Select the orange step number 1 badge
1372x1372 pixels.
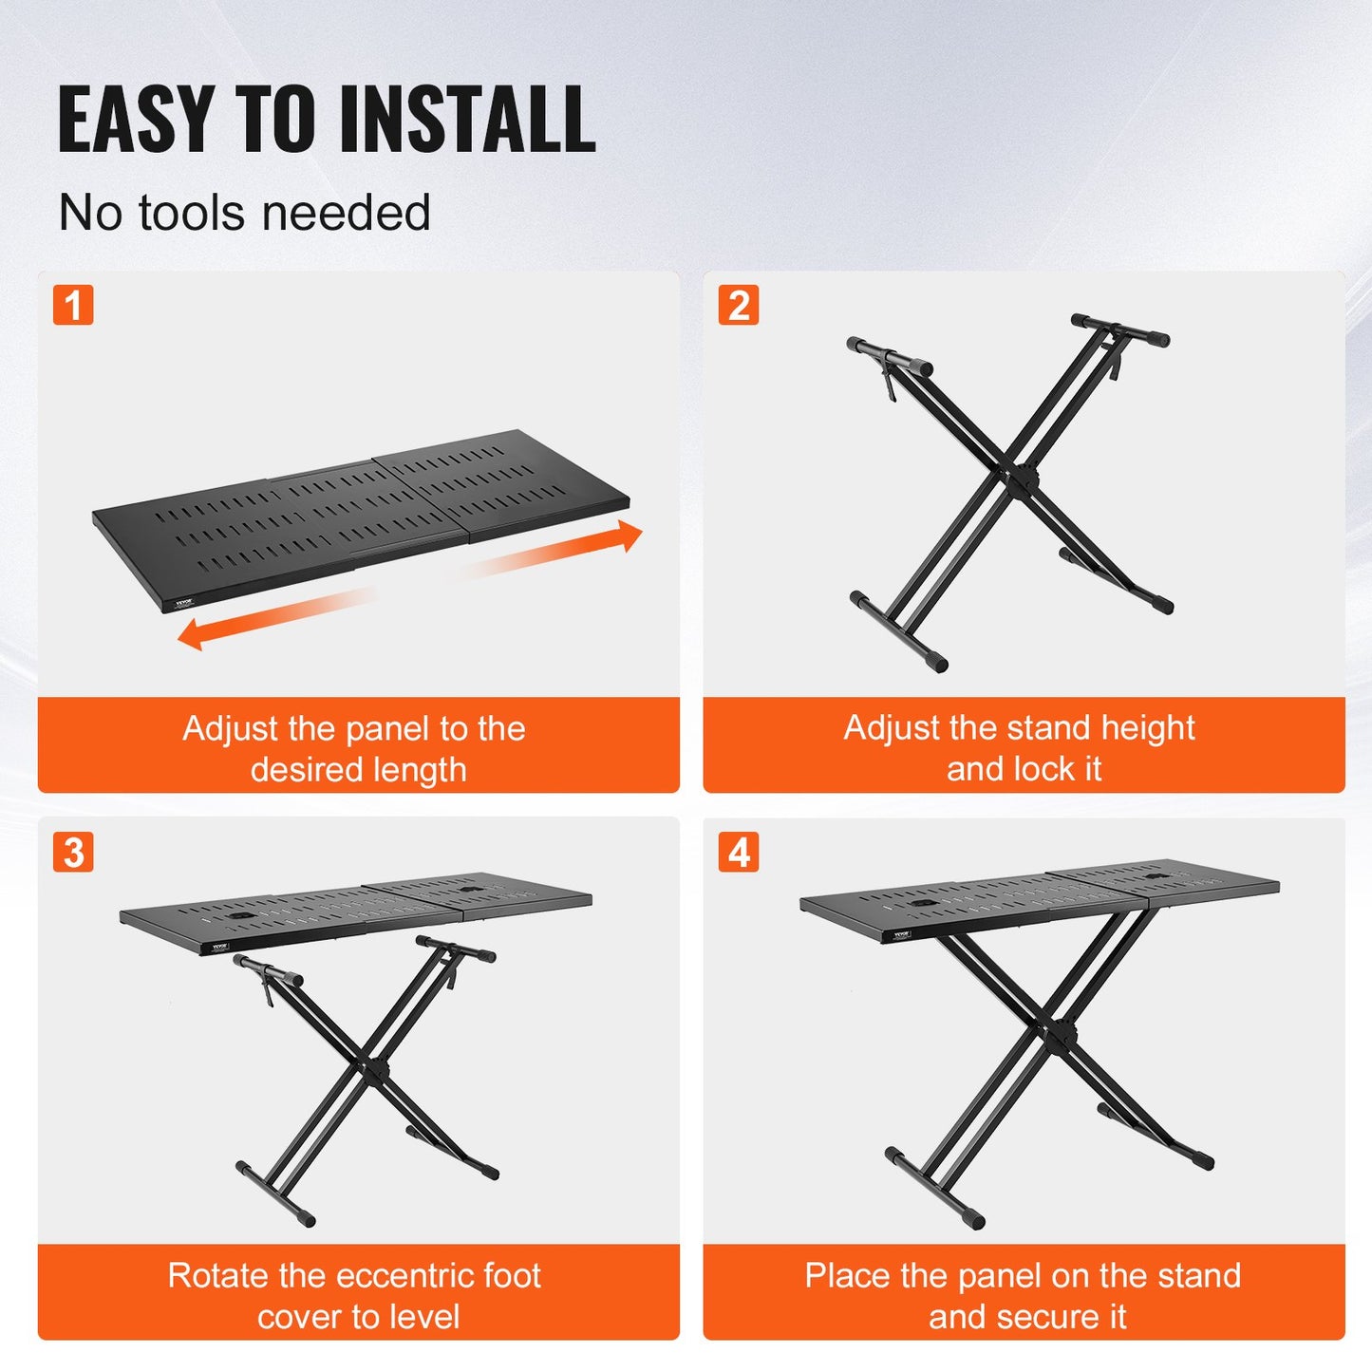pos(73,305)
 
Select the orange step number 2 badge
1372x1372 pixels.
pos(739,305)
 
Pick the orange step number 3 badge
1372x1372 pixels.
pos(73,852)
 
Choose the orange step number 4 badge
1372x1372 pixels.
pos(739,852)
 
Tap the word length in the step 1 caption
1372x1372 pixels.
pos(420,770)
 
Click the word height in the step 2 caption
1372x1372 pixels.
pos(1147,728)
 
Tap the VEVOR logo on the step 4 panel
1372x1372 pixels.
pos(900,934)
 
